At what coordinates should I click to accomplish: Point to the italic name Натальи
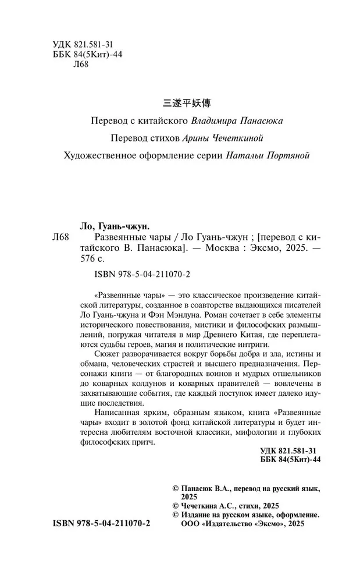pos(230,155)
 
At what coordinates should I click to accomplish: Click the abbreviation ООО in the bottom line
pos(176,524)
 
